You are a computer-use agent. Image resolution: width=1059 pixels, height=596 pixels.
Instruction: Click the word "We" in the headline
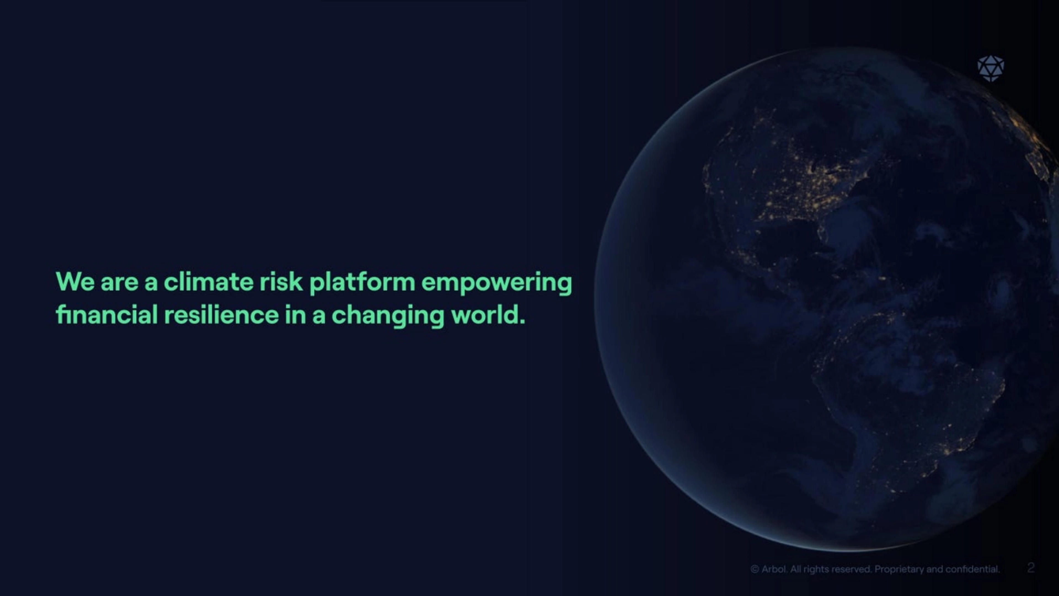click(x=75, y=282)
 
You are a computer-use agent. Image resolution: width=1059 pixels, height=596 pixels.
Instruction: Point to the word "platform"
click(x=362, y=283)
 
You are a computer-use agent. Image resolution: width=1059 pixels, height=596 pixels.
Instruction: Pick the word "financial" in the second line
click(x=106, y=315)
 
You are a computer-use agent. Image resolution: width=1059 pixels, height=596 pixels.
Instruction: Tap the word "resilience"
click(x=221, y=315)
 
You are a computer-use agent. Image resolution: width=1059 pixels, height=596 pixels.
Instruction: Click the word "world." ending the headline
click(x=488, y=315)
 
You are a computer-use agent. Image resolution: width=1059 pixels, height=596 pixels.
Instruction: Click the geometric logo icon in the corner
click(x=991, y=69)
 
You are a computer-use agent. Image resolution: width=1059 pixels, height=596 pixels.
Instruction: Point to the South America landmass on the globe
click(x=905, y=394)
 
